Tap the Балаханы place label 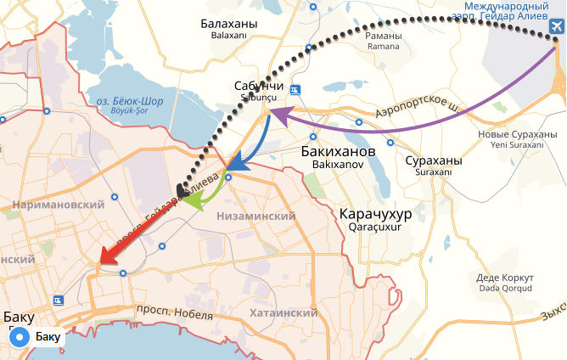227,25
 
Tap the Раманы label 383,37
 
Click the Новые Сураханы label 510,135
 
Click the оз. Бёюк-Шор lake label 130,102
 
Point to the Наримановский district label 59,205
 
